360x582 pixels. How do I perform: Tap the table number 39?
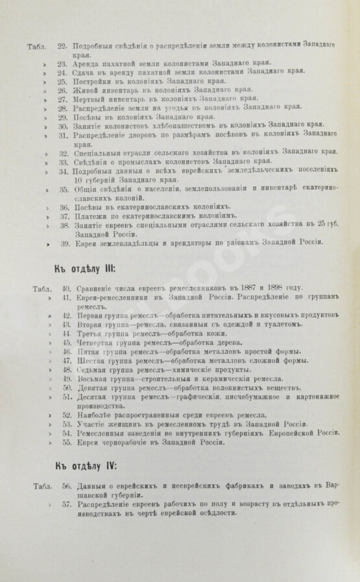pyautogui.click(x=62, y=243)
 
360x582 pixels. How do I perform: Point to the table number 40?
pyautogui.click(x=62, y=287)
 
